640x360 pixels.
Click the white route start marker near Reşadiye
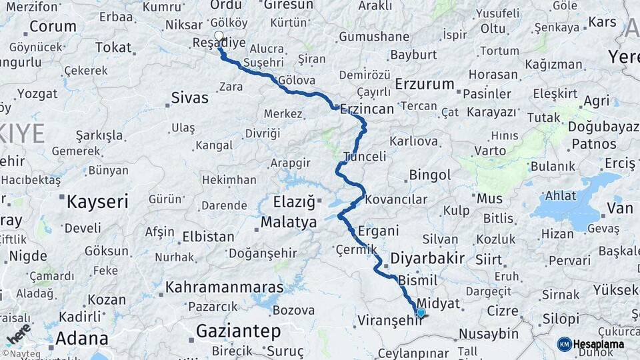point(219,36)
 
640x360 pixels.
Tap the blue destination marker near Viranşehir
point(421,312)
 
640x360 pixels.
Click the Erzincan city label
point(367,109)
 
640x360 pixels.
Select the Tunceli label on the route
point(365,157)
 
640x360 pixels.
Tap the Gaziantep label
point(247,331)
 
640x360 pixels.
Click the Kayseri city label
point(97,201)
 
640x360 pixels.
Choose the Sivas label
point(190,98)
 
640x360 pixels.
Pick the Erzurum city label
point(425,85)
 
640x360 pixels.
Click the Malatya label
point(289,223)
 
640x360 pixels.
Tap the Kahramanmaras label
point(224,287)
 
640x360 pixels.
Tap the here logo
point(19,333)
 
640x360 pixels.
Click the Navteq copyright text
point(21,354)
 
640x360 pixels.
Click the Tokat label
point(113,47)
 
